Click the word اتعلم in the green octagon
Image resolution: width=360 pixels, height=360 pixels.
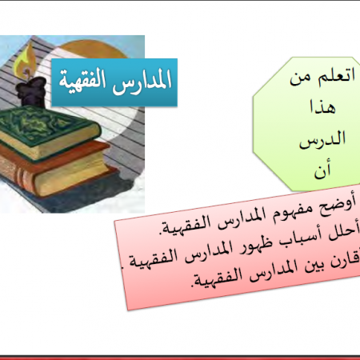point(337,75)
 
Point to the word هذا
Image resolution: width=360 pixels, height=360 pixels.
point(322,107)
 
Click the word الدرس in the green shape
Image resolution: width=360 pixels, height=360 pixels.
point(322,139)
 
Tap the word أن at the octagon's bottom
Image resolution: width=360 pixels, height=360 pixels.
point(322,170)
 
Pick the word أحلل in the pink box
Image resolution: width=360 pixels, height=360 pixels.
point(344,233)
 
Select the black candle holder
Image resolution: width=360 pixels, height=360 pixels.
point(30,91)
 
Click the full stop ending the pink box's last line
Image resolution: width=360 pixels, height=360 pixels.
point(193,286)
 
